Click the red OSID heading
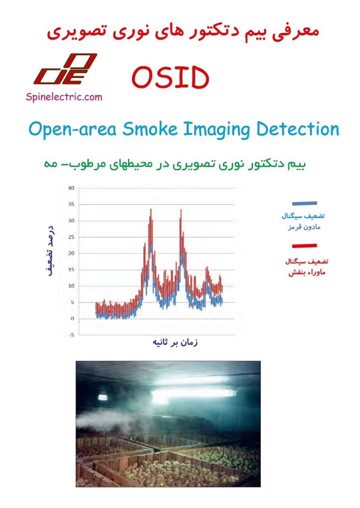point(170,77)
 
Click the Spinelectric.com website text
point(64,97)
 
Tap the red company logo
point(65,69)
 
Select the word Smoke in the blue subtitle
point(150,129)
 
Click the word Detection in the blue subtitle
point(298,129)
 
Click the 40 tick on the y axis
point(72,188)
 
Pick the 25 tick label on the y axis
point(72,237)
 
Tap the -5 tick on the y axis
point(72,335)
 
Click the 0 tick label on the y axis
point(72,318)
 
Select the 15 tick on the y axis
point(72,269)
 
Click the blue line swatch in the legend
point(304,203)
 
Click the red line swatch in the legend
point(304,246)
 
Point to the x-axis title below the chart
point(175,342)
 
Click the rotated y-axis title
point(51,251)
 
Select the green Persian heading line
point(175,164)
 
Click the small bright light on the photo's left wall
point(103,397)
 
